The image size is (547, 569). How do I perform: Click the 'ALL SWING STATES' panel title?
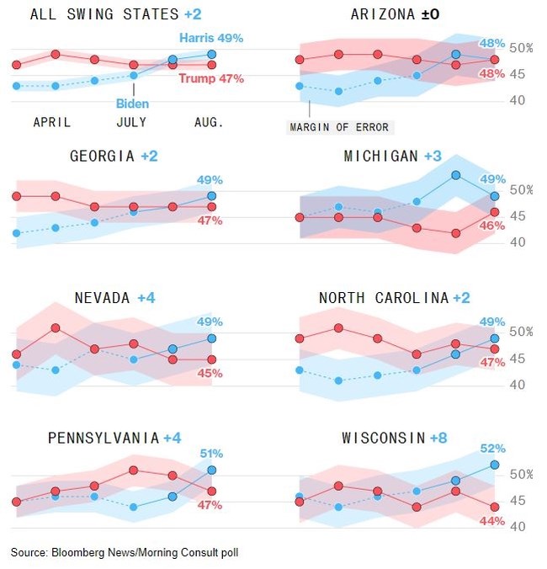point(104,14)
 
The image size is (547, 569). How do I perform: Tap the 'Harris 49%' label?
point(211,38)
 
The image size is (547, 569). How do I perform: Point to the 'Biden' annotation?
point(132,104)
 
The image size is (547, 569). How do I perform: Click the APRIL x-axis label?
point(52,122)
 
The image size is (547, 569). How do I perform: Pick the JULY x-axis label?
point(130,122)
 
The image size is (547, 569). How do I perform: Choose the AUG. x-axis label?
point(208,122)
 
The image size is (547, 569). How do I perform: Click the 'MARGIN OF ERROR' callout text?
point(340,127)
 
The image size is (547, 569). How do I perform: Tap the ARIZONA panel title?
point(382,14)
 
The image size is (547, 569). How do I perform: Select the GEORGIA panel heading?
point(102,156)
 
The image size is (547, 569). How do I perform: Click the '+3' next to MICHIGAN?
point(433,157)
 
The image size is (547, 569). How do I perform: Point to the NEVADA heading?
point(102,298)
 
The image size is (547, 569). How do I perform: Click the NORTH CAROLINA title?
point(383,298)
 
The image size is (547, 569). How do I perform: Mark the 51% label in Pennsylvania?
point(210,453)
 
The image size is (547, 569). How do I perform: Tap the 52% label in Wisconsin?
point(492,449)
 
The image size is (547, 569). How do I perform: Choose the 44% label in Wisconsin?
point(492,521)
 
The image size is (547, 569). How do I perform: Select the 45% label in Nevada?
point(210,373)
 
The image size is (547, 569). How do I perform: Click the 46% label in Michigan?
point(492,226)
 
